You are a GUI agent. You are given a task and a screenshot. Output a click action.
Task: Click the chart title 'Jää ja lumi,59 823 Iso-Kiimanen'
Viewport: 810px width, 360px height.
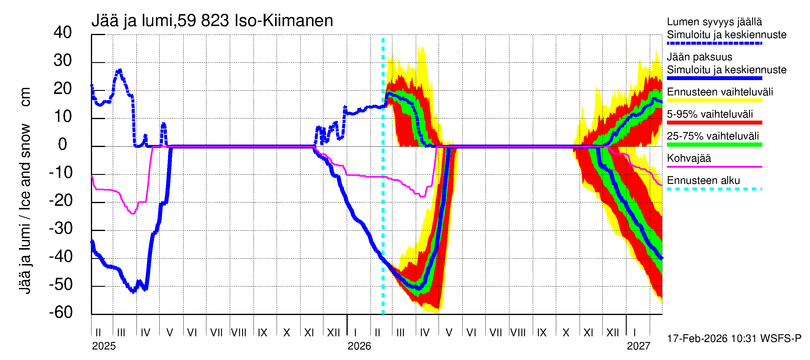coord(212,21)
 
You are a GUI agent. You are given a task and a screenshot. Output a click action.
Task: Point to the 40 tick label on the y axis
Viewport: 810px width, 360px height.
coord(63,32)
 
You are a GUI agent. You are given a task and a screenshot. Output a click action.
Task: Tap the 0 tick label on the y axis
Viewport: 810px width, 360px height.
coord(63,144)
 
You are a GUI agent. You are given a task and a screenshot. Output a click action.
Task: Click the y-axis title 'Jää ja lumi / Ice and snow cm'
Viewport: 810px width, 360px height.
coord(25,190)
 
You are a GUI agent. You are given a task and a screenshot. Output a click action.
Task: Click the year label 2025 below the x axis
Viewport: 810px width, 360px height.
coord(104,346)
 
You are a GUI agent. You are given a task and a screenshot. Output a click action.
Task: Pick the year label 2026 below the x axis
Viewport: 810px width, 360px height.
coord(359,346)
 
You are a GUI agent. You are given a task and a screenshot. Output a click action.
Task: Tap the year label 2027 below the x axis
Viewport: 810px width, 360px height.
coord(638,346)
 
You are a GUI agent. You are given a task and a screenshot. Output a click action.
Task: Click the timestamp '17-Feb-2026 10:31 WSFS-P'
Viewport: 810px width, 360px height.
coord(734,339)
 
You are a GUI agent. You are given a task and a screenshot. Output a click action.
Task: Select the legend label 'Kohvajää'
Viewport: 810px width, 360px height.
coord(688,158)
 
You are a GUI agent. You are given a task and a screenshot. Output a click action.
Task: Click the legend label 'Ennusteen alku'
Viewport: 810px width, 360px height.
coord(703,181)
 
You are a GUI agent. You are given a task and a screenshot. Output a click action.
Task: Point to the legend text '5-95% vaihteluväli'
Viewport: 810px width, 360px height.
coord(710,114)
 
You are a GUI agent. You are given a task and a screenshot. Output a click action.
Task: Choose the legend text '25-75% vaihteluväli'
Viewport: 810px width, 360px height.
coord(712,136)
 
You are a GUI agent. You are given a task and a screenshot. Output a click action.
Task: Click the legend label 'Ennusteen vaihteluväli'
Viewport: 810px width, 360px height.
coord(720,92)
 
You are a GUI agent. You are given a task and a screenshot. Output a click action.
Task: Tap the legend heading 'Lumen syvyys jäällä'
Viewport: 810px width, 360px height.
coord(714,22)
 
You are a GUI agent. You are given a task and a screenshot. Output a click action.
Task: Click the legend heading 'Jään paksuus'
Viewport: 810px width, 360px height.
coord(699,57)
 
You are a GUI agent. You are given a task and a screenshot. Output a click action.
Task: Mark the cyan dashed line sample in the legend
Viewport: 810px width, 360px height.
coord(714,189)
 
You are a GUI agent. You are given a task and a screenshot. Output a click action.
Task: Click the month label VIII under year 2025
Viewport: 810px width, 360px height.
coord(239,333)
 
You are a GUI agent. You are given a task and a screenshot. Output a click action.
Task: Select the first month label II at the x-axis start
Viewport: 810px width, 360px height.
coord(98,333)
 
